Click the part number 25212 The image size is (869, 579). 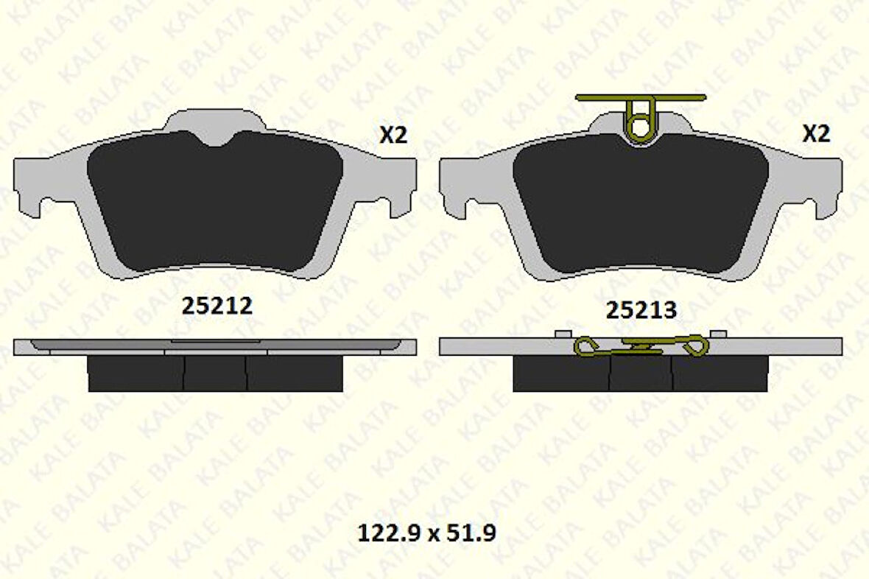click(x=217, y=306)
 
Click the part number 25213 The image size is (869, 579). click(x=641, y=310)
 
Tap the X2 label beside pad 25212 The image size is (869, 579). click(x=393, y=134)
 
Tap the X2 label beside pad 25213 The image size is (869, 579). click(x=817, y=133)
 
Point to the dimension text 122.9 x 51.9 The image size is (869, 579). click(x=426, y=533)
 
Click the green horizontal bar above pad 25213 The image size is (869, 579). click(x=641, y=97)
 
